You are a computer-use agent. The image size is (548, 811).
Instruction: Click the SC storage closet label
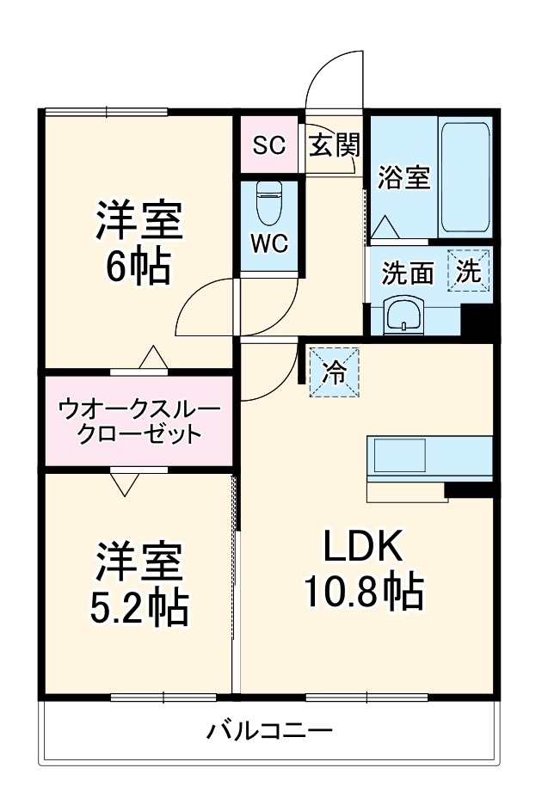pyautogui.click(x=268, y=144)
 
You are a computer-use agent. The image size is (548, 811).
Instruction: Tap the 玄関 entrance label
pyautogui.click(x=333, y=144)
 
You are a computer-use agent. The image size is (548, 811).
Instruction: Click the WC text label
pyautogui.click(x=269, y=243)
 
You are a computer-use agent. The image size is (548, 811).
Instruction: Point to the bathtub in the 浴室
pyautogui.click(x=465, y=178)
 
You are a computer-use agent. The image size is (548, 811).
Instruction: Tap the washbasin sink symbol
pyautogui.click(x=403, y=314)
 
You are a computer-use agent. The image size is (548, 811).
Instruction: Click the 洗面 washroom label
pyautogui.click(x=408, y=273)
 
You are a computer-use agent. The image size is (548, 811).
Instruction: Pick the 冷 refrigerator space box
pyautogui.click(x=334, y=372)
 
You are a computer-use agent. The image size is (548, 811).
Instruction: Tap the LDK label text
pyautogui.click(x=361, y=546)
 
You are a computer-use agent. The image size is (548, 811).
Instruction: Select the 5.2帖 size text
pyautogui.click(x=139, y=607)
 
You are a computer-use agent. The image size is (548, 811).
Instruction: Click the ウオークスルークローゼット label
pyautogui.click(x=139, y=421)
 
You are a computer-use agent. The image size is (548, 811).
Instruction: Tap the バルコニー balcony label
pyautogui.click(x=268, y=732)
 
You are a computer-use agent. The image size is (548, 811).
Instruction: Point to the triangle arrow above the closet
pyautogui.click(x=152, y=357)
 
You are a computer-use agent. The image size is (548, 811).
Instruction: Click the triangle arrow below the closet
pyautogui.click(x=125, y=483)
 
